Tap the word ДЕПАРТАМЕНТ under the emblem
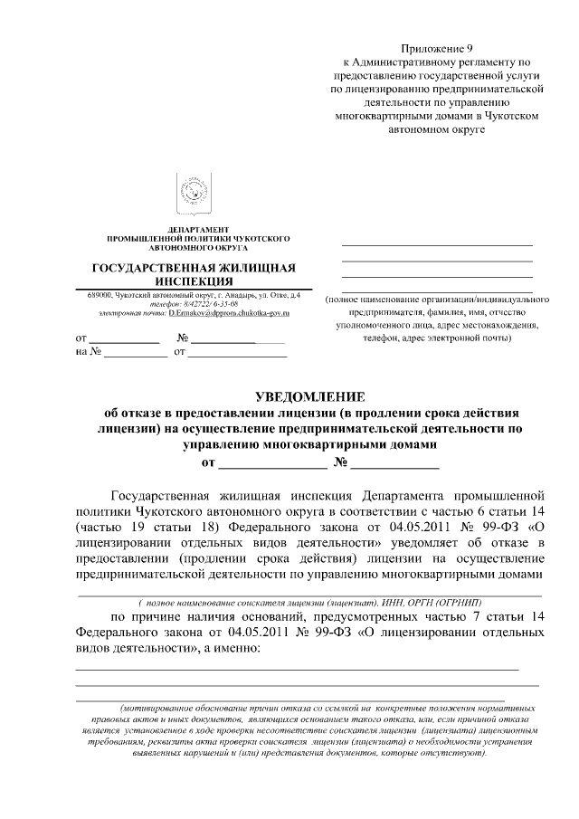[x=198, y=230]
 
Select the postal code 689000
[x=100, y=296]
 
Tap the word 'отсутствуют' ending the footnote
[x=458, y=752]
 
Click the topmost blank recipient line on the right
[x=437, y=244]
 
